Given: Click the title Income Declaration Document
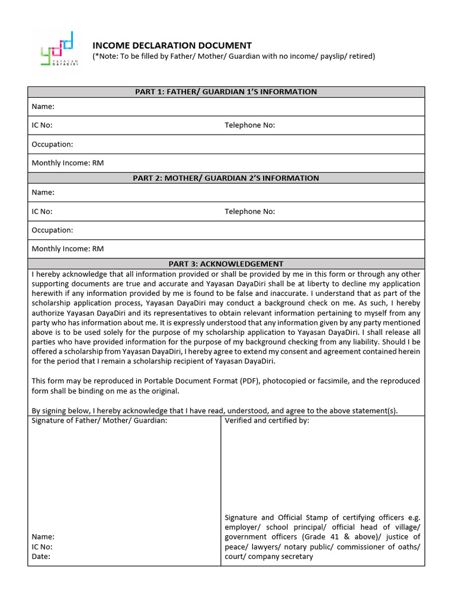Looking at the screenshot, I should click(172, 46).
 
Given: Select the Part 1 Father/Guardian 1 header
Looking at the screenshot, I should click(226, 92).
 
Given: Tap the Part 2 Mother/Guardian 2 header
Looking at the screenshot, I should click(226, 178).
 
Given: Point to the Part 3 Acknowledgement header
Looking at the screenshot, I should click(226, 264).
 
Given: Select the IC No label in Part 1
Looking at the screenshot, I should click(42, 125).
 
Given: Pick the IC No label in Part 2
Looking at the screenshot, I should click(42, 212).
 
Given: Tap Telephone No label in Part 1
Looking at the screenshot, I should click(249, 125).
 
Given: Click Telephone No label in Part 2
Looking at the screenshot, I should click(249, 212).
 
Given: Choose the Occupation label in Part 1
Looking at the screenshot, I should click(52, 145).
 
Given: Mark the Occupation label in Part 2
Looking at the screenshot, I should click(52, 230).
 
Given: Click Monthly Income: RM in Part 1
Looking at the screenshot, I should click(68, 163).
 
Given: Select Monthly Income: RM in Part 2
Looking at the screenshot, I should click(68, 249).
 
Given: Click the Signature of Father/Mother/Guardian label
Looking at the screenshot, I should click(100, 420).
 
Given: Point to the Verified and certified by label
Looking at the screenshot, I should click(267, 420).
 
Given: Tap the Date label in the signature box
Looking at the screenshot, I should click(41, 557).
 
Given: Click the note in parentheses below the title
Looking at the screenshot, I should click(233, 56).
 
